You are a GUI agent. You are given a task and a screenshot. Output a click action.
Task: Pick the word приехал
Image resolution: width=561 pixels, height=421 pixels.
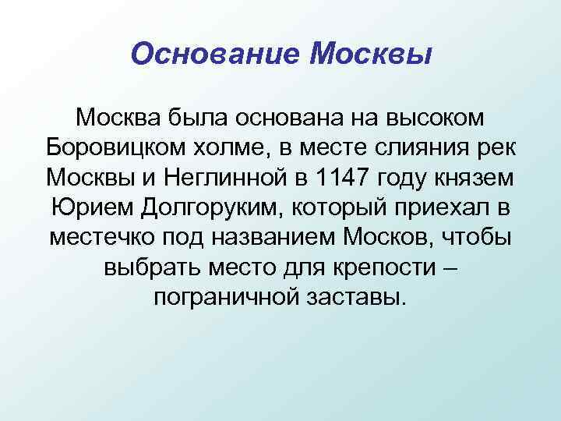tap(438, 207)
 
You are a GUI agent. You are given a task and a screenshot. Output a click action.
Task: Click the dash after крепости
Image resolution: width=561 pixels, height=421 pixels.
tap(450, 266)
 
